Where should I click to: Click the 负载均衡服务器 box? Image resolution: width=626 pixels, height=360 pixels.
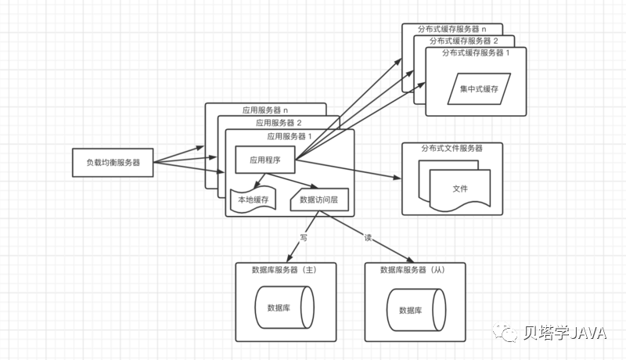point(113,162)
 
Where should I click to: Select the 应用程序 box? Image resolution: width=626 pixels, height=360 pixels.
point(264,160)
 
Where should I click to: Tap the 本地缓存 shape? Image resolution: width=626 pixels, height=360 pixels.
point(254,200)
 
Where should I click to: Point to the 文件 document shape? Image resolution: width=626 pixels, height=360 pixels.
point(459,189)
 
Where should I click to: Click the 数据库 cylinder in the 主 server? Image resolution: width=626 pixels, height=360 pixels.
point(285,308)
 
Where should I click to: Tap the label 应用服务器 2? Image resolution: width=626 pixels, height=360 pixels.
point(278,123)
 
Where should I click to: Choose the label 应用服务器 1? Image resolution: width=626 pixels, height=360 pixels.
point(290,136)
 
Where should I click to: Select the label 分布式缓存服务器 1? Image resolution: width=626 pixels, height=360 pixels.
point(476,52)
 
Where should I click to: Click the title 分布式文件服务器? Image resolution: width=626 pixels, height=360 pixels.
point(452,148)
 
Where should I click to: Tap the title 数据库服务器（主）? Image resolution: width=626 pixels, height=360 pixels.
point(284,269)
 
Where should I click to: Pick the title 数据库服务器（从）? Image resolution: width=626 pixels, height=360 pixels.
point(416,269)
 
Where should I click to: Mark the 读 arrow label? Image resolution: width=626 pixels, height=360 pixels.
point(367,236)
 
